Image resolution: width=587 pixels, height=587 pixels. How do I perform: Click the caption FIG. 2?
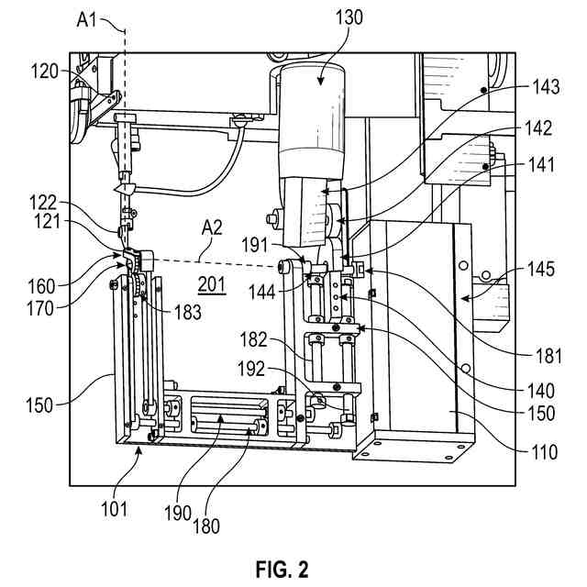(x=282, y=569)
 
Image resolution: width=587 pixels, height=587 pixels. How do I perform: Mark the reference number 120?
(x=44, y=71)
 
